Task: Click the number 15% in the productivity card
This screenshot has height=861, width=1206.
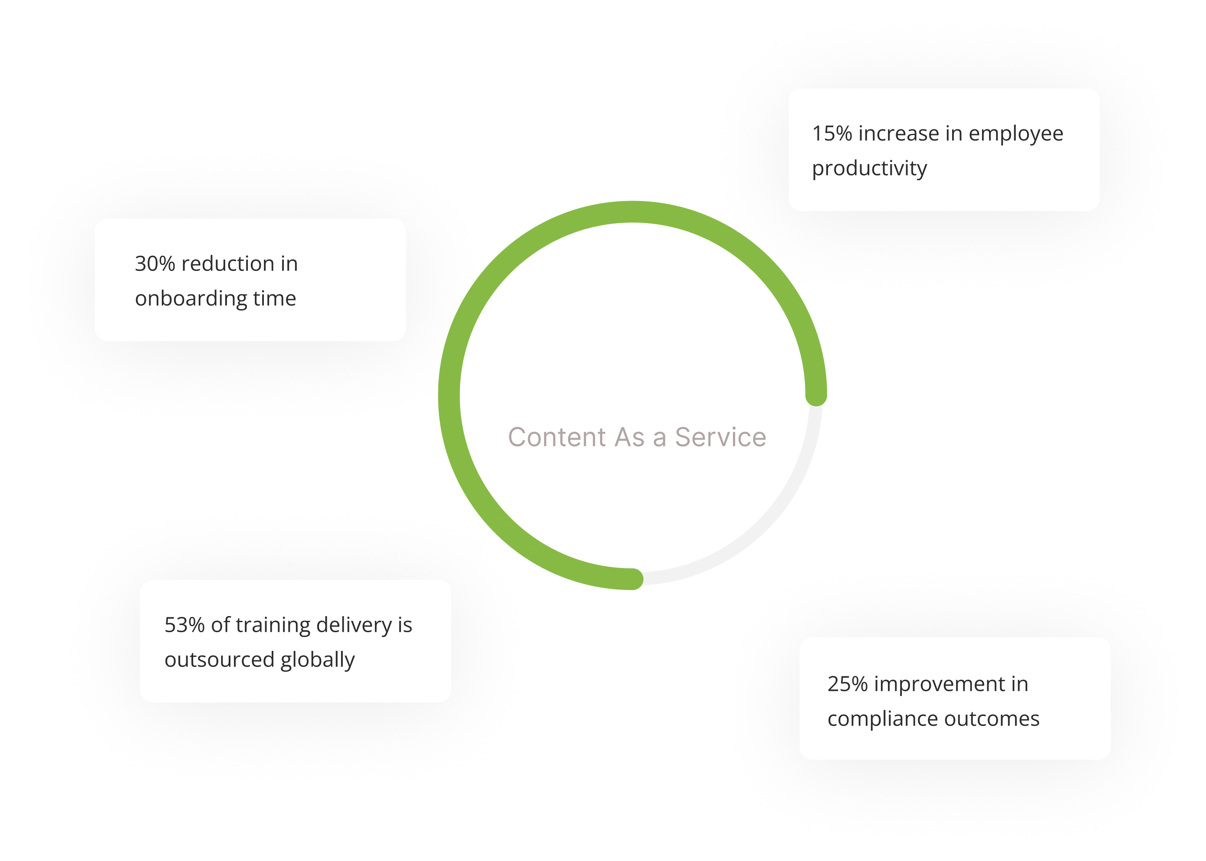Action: [x=832, y=134]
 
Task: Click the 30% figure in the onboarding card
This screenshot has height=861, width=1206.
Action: [x=155, y=264]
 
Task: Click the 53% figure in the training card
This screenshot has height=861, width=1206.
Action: [x=184, y=625]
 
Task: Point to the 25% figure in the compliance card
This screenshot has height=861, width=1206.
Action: [x=847, y=684]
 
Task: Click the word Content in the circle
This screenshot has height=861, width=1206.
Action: [x=557, y=437]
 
